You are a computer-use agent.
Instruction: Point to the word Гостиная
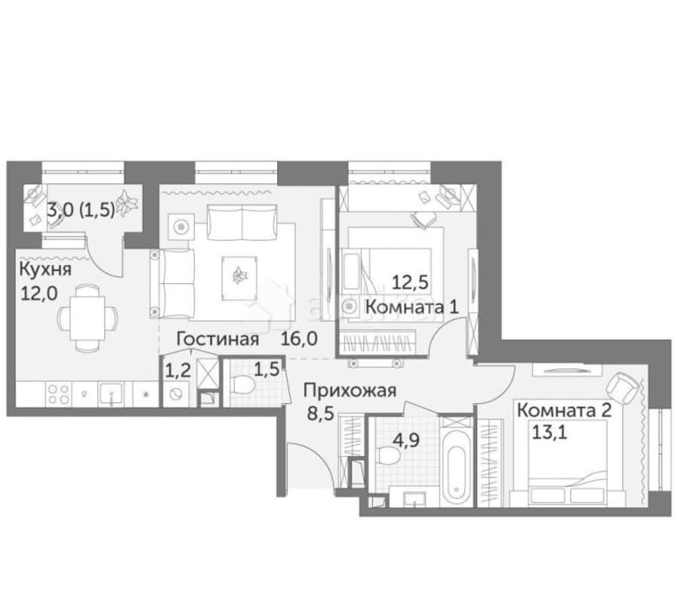tap(212, 339)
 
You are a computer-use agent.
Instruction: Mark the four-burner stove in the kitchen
tap(60, 394)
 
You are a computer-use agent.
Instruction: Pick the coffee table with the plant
tap(240, 274)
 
